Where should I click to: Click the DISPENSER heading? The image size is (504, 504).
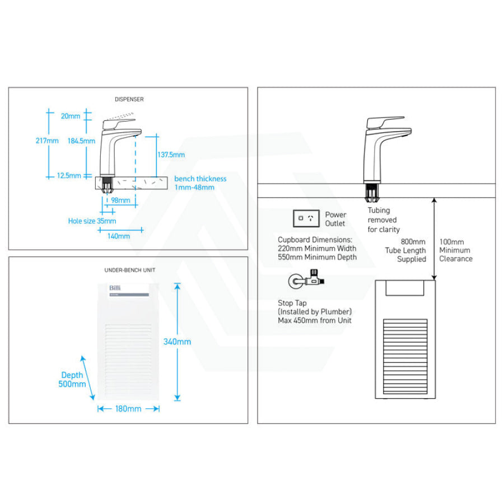tap(129, 99)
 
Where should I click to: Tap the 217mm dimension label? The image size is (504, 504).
tap(47, 141)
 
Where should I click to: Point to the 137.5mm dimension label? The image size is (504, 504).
tap(171, 155)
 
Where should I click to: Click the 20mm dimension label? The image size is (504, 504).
tap(71, 116)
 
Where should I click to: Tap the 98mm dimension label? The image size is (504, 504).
tap(120, 200)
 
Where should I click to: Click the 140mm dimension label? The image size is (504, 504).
tap(118, 236)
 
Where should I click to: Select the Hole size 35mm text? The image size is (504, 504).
tap(92, 221)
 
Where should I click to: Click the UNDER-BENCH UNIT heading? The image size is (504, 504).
tap(129, 270)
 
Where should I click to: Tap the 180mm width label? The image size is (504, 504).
tap(128, 409)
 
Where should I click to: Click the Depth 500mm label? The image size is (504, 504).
tap(72, 380)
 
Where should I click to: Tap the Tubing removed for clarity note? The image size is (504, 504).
tap(384, 220)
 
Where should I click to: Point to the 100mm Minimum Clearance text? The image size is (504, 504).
tap(455, 250)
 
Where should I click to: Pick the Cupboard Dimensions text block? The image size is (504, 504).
tap(317, 248)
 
